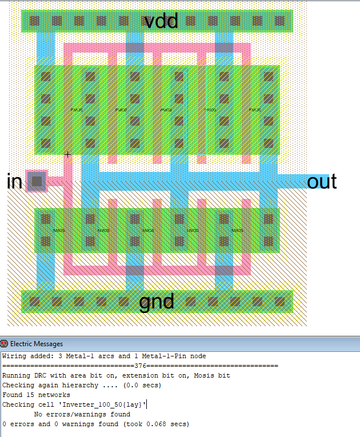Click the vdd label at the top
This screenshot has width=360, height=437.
click(x=161, y=21)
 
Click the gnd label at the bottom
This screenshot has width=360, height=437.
click(x=157, y=301)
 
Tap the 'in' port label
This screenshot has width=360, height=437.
click(x=14, y=182)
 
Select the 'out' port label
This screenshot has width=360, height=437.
click(x=322, y=182)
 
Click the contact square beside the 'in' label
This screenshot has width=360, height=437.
click(x=37, y=181)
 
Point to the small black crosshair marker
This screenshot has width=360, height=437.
click(x=68, y=154)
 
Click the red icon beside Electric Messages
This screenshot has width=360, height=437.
click(x=5, y=344)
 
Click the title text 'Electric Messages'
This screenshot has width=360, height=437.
click(x=37, y=344)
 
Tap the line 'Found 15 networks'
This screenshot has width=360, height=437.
click(x=36, y=395)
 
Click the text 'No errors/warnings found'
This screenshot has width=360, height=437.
click(x=82, y=414)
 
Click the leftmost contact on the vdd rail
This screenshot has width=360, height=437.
click(x=35, y=21)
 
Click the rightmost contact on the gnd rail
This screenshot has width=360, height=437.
click(x=280, y=301)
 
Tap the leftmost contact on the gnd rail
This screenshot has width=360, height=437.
click(x=35, y=301)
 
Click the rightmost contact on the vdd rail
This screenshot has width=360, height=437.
click(x=280, y=21)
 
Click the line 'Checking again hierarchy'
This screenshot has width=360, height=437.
click(x=82, y=385)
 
